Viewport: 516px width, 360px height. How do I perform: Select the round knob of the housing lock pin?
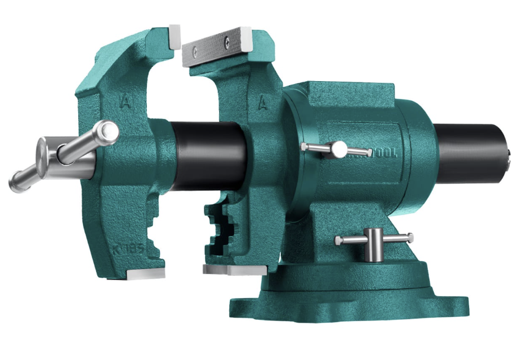click(x=339, y=149)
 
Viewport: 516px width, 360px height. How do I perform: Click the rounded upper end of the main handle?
click(x=108, y=131)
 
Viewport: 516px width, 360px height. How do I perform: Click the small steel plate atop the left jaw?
click(x=174, y=36)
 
